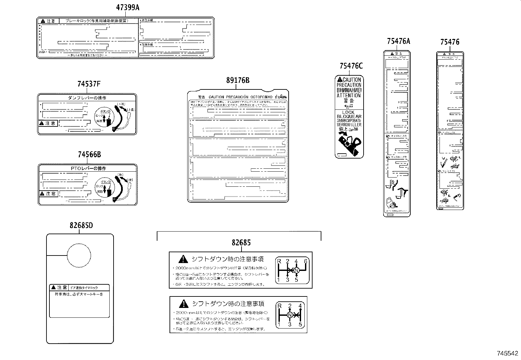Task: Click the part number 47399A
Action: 128,8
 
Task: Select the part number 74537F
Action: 89,84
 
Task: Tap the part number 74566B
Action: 89,155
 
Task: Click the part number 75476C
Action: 351,66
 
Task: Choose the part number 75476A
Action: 398,41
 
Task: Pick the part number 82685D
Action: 81,225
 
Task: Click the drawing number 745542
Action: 508,353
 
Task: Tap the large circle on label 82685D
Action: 79,255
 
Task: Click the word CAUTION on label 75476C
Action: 351,80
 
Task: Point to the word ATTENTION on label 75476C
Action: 349,96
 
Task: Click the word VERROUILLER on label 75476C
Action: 349,125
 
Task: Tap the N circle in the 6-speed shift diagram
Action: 296,270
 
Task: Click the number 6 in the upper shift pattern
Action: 306,261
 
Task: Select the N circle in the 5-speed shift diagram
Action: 290,315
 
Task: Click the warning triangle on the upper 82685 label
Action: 183,259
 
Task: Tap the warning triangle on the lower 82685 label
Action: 184,303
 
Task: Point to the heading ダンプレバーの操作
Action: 87,98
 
